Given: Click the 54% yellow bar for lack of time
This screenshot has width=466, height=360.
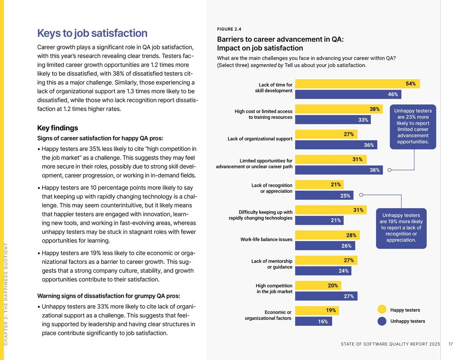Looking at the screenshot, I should [x=357, y=83].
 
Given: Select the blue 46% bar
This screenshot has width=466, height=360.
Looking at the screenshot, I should [x=348, y=94].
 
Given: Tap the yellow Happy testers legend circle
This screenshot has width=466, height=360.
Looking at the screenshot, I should [x=382, y=310].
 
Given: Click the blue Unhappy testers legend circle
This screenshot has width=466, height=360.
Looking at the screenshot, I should [x=382, y=321].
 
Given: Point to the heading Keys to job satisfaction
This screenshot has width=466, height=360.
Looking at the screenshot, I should [x=92, y=33].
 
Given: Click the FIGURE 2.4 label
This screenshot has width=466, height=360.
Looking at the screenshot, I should [x=229, y=29].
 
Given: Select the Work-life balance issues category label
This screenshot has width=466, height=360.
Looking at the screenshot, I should [x=266, y=240].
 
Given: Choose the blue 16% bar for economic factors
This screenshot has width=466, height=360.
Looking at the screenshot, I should [x=313, y=321].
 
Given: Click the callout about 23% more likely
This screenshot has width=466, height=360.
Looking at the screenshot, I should [x=413, y=126].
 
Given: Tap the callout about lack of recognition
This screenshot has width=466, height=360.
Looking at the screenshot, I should [x=401, y=228].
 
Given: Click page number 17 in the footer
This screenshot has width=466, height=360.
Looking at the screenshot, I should [x=450, y=344].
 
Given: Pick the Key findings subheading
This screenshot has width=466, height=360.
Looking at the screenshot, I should [x=57, y=128].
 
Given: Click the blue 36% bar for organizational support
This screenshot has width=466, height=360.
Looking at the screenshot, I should [x=336, y=145].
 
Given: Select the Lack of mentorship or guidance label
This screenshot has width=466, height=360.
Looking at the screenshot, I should [x=271, y=264].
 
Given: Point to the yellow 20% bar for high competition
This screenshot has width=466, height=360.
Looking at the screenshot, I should [x=318, y=285].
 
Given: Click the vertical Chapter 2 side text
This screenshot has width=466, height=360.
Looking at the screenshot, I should [x=6, y=293].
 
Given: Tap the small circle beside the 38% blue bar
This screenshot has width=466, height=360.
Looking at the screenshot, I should [x=389, y=170].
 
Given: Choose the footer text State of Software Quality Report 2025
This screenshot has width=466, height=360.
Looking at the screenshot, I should [x=390, y=344].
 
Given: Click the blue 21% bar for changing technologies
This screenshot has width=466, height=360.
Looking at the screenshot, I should [x=319, y=221].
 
